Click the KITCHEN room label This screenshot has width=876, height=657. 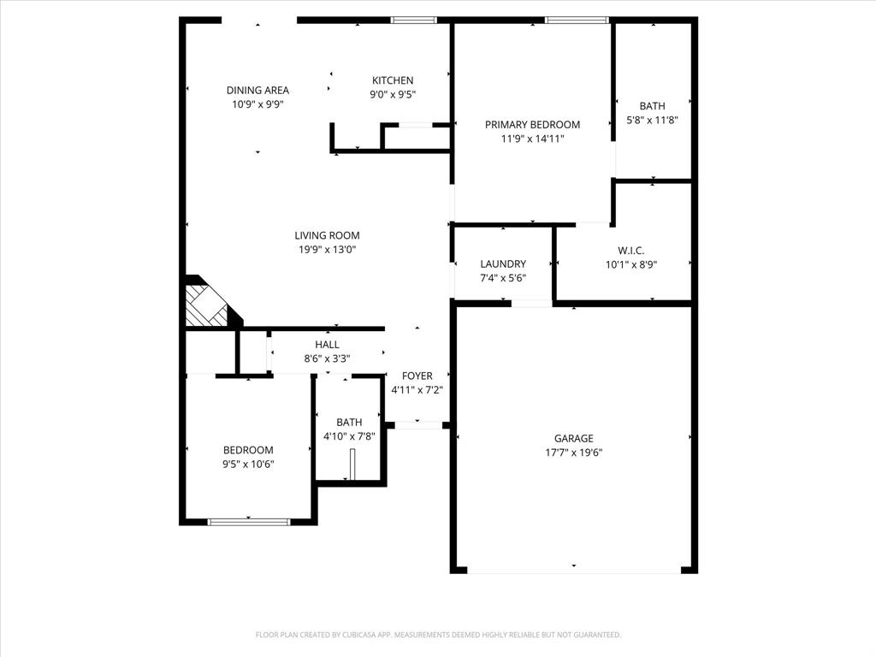[x=393, y=80]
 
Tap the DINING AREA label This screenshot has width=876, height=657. [x=257, y=90]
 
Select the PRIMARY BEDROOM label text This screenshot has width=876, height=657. [x=532, y=124]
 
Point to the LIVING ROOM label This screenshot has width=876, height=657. [x=327, y=235]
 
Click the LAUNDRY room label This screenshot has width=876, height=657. [x=503, y=263]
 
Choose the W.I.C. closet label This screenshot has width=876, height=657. [x=631, y=251]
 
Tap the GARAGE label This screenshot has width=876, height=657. [x=573, y=439]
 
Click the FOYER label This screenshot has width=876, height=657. [x=417, y=376]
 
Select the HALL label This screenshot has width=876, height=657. [x=327, y=345]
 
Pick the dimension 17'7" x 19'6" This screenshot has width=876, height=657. [x=573, y=453]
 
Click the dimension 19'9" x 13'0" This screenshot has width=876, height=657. [x=327, y=250]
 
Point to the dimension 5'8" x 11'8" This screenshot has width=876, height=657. [x=652, y=121]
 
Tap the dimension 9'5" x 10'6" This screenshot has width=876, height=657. [x=248, y=465]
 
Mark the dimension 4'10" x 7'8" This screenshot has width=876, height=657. [x=349, y=436]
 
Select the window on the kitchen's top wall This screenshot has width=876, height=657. [x=414, y=20]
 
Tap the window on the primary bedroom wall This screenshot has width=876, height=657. [x=576, y=20]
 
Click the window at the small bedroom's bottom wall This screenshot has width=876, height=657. [x=249, y=521]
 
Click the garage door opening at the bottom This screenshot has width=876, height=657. [x=573, y=570]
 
